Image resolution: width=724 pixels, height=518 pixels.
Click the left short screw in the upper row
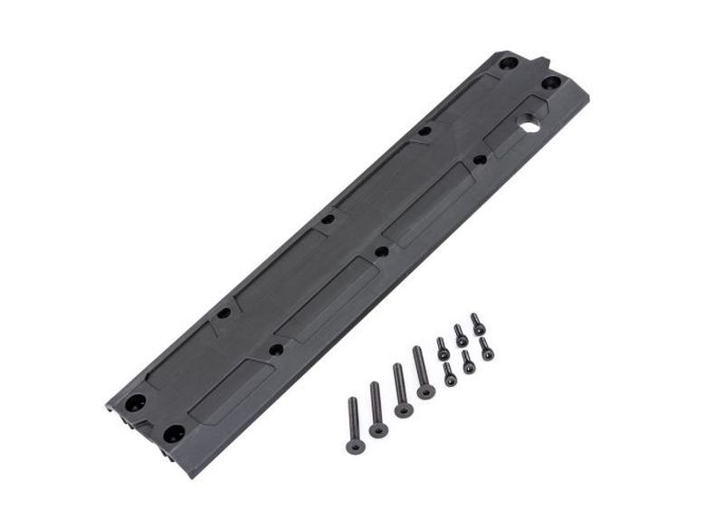pos(443,349)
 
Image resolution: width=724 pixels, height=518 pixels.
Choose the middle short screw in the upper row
pos(461,336)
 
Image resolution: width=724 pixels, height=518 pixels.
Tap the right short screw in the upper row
pos(478,324)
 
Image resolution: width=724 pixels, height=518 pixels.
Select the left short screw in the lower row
pos(450,373)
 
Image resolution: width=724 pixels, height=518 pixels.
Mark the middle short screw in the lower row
pos(468,362)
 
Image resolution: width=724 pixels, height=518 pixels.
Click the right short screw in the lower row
pos(486,349)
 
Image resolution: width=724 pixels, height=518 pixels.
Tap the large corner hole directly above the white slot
pos(550,82)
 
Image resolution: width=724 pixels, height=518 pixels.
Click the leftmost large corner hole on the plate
pos(135,402)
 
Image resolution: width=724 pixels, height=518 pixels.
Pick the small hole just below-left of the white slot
pos(480,160)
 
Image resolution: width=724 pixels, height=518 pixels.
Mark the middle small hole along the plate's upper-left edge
pos(328,219)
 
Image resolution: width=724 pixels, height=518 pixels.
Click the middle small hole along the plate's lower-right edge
pos(382,251)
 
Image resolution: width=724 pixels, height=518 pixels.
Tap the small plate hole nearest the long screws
pos(276,349)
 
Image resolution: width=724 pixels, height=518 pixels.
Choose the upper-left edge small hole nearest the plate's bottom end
pos(224,313)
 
